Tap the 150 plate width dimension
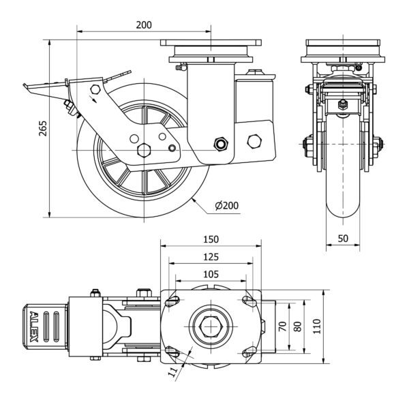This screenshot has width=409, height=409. pyautogui.click(x=211, y=239)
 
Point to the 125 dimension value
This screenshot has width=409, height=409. pyautogui.click(x=211, y=257)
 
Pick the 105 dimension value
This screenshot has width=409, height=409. pyautogui.click(x=211, y=273)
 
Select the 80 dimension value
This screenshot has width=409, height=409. pyautogui.click(x=297, y=326)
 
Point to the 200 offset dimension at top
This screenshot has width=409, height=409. pyautogui.click(x=143, y=25)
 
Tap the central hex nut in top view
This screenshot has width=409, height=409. pyautogui.click(x=211, y=326)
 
